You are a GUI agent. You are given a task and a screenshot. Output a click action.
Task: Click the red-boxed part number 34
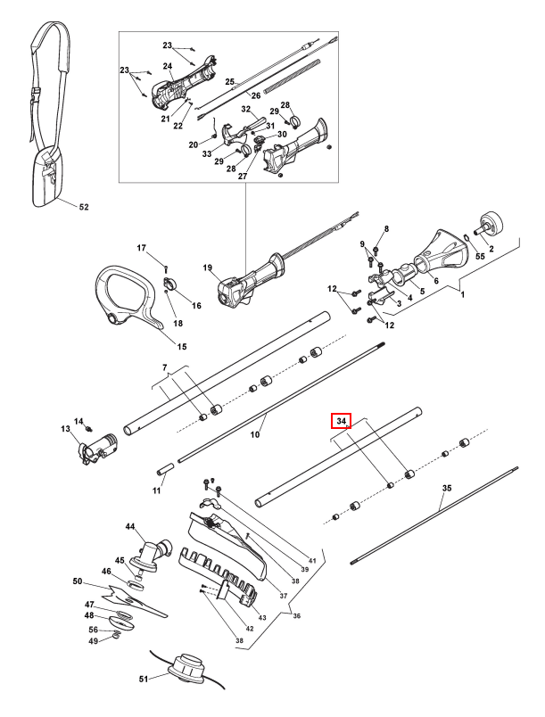tap(341, 421)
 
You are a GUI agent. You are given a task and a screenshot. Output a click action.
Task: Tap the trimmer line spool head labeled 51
tap(187, 668)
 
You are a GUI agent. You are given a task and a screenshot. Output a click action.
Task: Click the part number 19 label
tap(208, 268)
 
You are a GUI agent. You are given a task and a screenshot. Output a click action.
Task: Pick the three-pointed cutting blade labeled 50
tap(133, 601)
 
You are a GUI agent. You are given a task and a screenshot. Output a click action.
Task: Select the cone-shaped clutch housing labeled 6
tap(442, 252)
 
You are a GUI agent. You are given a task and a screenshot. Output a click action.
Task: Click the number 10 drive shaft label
tap(255, 434)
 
